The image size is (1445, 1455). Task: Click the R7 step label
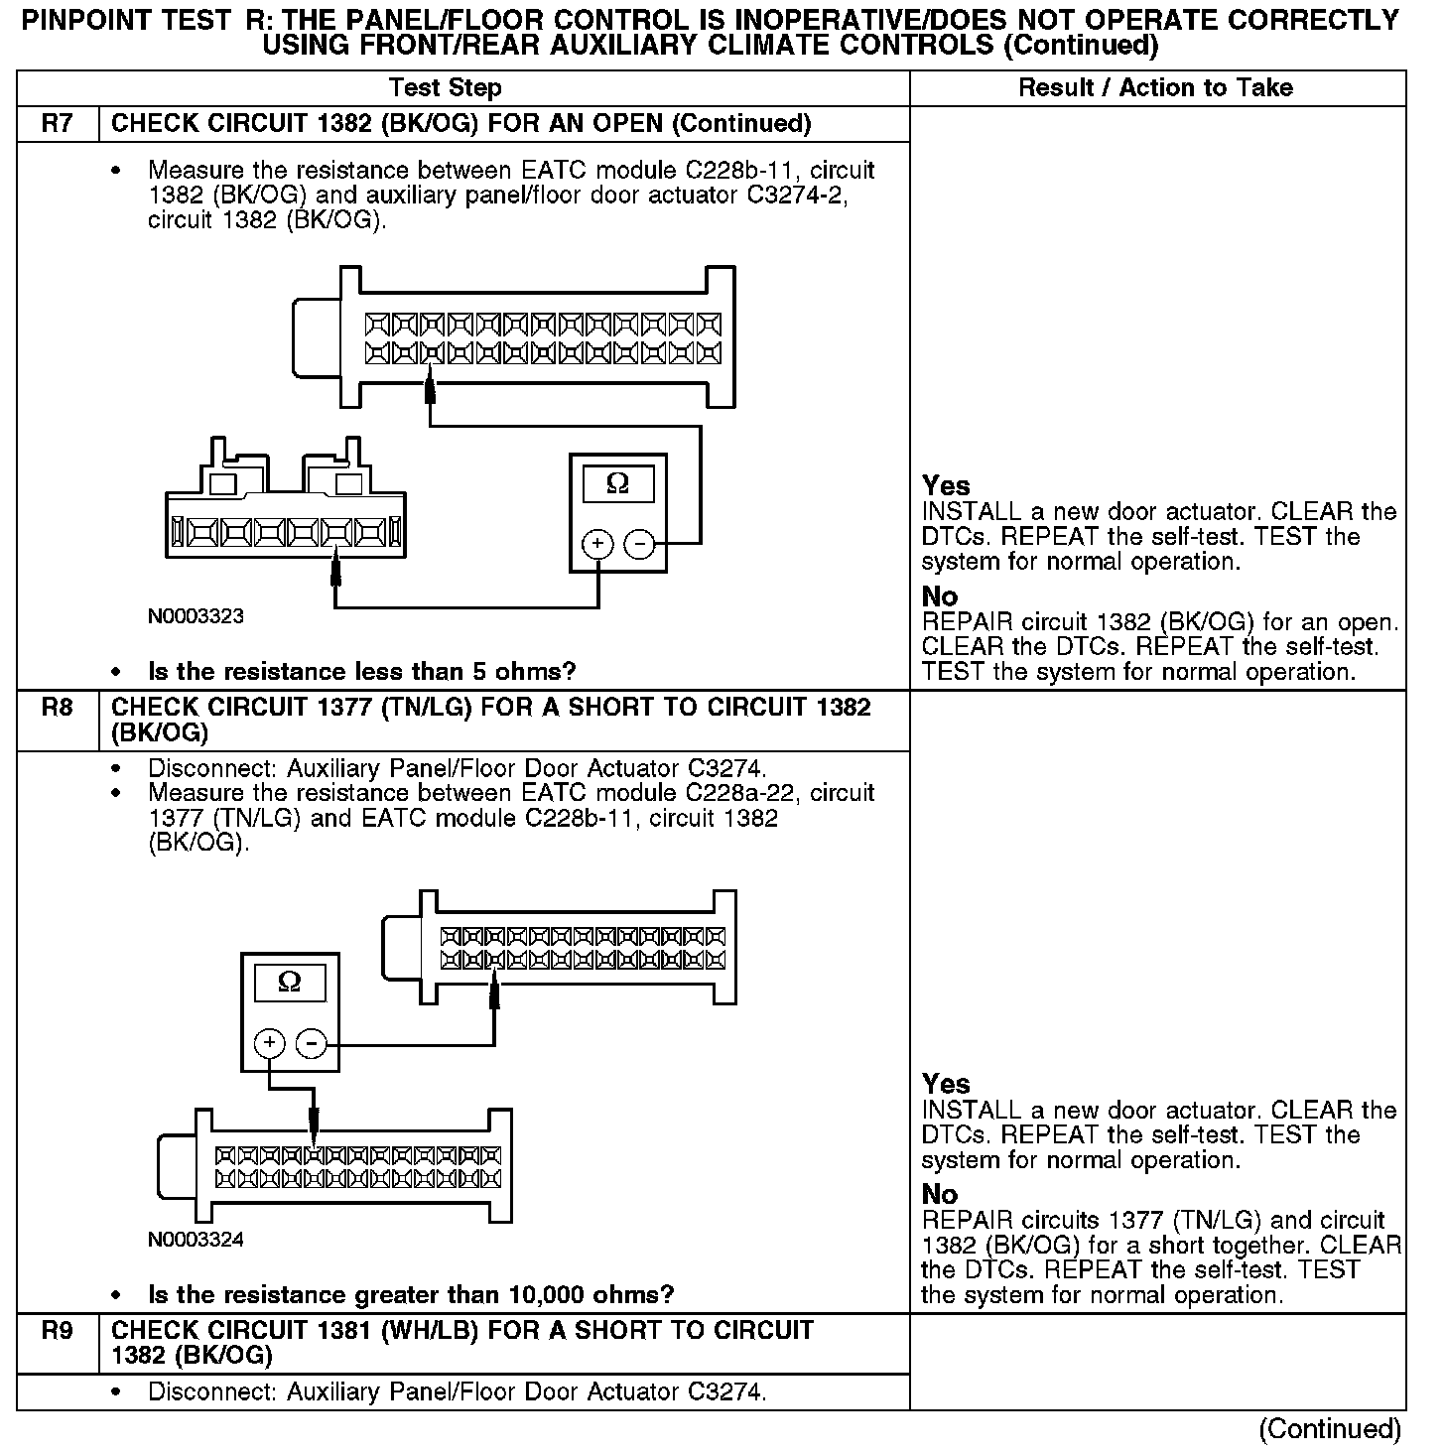(58, 124)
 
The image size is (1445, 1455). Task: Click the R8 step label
(58, 708)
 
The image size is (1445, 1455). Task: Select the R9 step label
(58, 1331)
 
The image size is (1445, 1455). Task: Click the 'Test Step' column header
(446, 88)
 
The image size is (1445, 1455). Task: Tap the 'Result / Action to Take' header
(1156, 88)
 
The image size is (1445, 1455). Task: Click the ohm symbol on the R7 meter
(617, 483)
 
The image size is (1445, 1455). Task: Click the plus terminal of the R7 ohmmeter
(597, 544)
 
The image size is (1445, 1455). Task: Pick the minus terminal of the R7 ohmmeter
(639, 544)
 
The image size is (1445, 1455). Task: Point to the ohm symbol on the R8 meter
(290, 982)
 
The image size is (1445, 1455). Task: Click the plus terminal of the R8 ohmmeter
(270, 1043)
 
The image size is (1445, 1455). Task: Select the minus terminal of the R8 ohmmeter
(312, 1043)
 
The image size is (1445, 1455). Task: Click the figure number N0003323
(196, 616)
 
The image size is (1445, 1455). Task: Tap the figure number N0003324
(196, 1240)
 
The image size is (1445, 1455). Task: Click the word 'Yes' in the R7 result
(946, 486)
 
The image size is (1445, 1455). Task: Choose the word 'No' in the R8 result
(940, 1194)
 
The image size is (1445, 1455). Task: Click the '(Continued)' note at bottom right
(1330, 1429)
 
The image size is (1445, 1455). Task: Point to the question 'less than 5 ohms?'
(361, 672)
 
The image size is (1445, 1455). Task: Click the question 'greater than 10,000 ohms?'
(411, 1295)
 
